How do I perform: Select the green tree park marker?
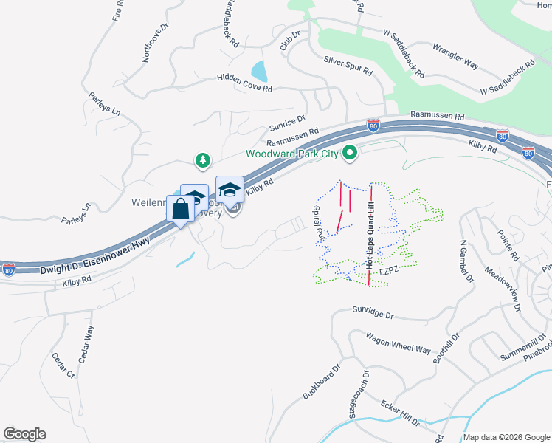(202, 159)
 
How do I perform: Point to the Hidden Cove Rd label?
(244, 82)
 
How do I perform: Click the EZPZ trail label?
(389, 272)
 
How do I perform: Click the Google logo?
(24, 434)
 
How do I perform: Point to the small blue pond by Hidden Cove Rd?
(259, 72)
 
